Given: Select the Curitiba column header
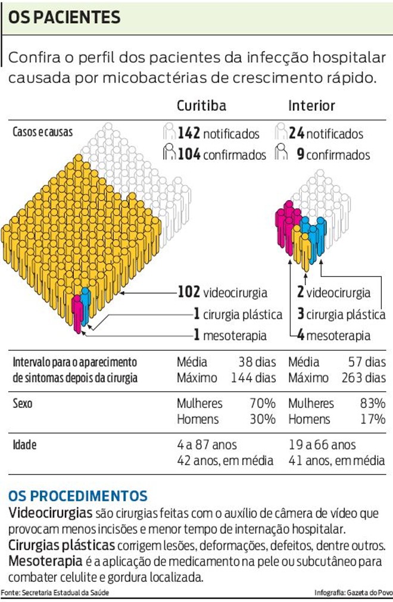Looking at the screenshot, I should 201,105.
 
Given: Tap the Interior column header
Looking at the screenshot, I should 311,105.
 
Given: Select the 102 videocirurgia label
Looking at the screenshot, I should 222,292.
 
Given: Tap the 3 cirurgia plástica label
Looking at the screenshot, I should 341,314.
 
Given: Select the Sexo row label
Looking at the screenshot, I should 23,403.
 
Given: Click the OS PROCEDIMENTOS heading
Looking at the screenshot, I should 77,495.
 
